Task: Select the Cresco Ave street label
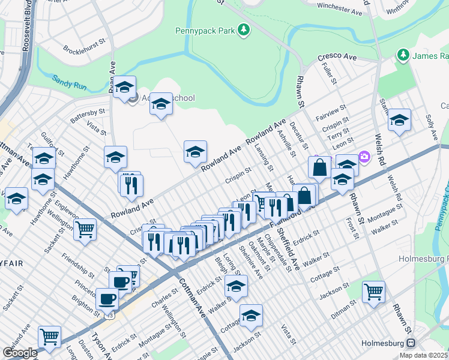337,57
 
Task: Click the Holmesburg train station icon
411,343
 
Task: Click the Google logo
20,353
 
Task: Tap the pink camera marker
364,157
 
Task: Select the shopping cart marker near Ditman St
374,292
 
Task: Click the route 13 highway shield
109,314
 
